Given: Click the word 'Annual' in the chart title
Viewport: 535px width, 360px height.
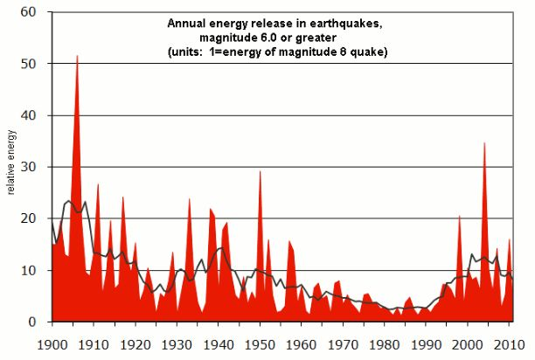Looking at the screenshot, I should click(x=185, y=24).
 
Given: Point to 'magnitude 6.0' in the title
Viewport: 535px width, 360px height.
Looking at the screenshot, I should click(x=236, y=39).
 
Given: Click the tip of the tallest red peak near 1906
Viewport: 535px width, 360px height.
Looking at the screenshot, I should click(x=78, y=56).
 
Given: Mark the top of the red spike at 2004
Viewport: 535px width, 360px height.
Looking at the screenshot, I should click(x=484, y=142).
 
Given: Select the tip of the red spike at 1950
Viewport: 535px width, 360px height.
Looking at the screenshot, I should click(x=260, y=171).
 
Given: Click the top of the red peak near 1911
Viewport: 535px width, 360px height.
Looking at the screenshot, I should click(x=98, y=183).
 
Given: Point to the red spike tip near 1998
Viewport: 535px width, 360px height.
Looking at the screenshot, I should click(x=459, y=215).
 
